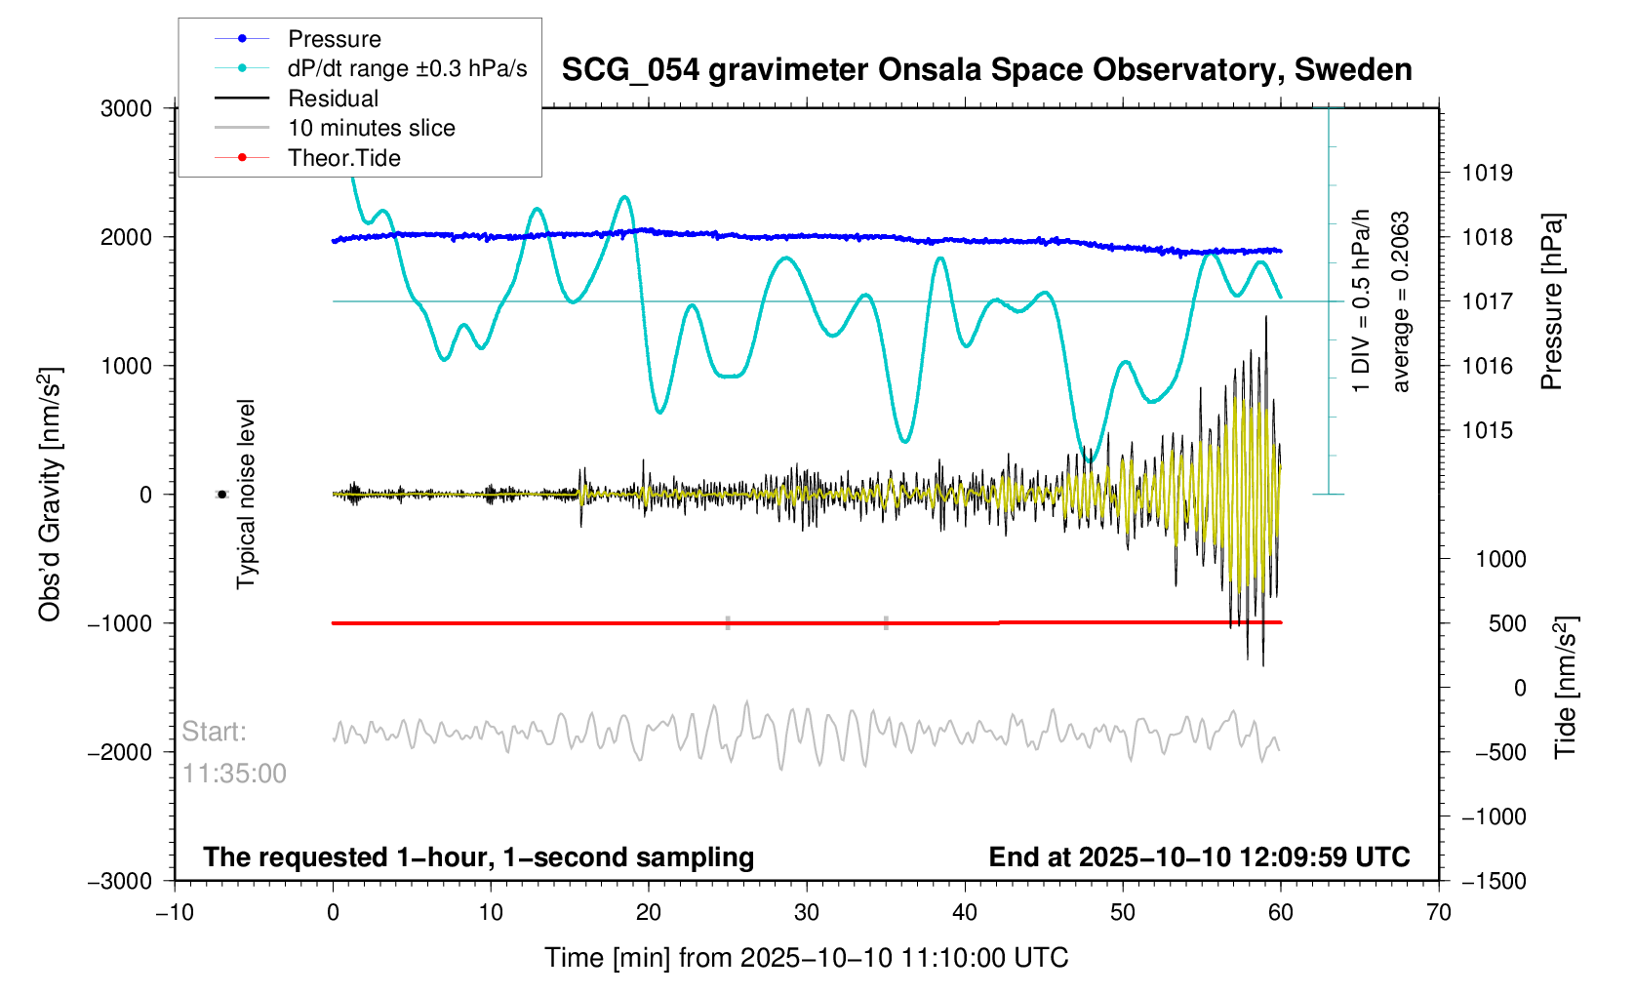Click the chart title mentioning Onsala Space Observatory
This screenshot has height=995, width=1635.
coord(987,70)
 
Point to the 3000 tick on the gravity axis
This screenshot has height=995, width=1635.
coord(126,109)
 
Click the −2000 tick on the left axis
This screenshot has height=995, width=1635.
coord(120,752)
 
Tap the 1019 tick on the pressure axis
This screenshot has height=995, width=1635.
coord(1488,173)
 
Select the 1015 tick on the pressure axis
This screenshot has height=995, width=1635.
coord(1488,431)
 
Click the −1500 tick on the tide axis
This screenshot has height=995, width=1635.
coord(1494,881)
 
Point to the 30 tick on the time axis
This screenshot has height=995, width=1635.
coord(807,912)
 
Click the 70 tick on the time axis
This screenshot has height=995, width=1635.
coord(1439,912)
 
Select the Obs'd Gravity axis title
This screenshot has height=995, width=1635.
coord(50,495)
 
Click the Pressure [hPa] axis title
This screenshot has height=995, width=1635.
coord(1551,301)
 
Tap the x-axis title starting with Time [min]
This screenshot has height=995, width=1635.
coord(807,958)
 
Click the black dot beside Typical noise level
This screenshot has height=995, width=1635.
coord(221,495)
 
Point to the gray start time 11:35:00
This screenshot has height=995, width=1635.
coord(234,774)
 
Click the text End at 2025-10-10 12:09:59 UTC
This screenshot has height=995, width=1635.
coord(1199,857)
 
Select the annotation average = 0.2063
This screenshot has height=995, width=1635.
coord(1400,302)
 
